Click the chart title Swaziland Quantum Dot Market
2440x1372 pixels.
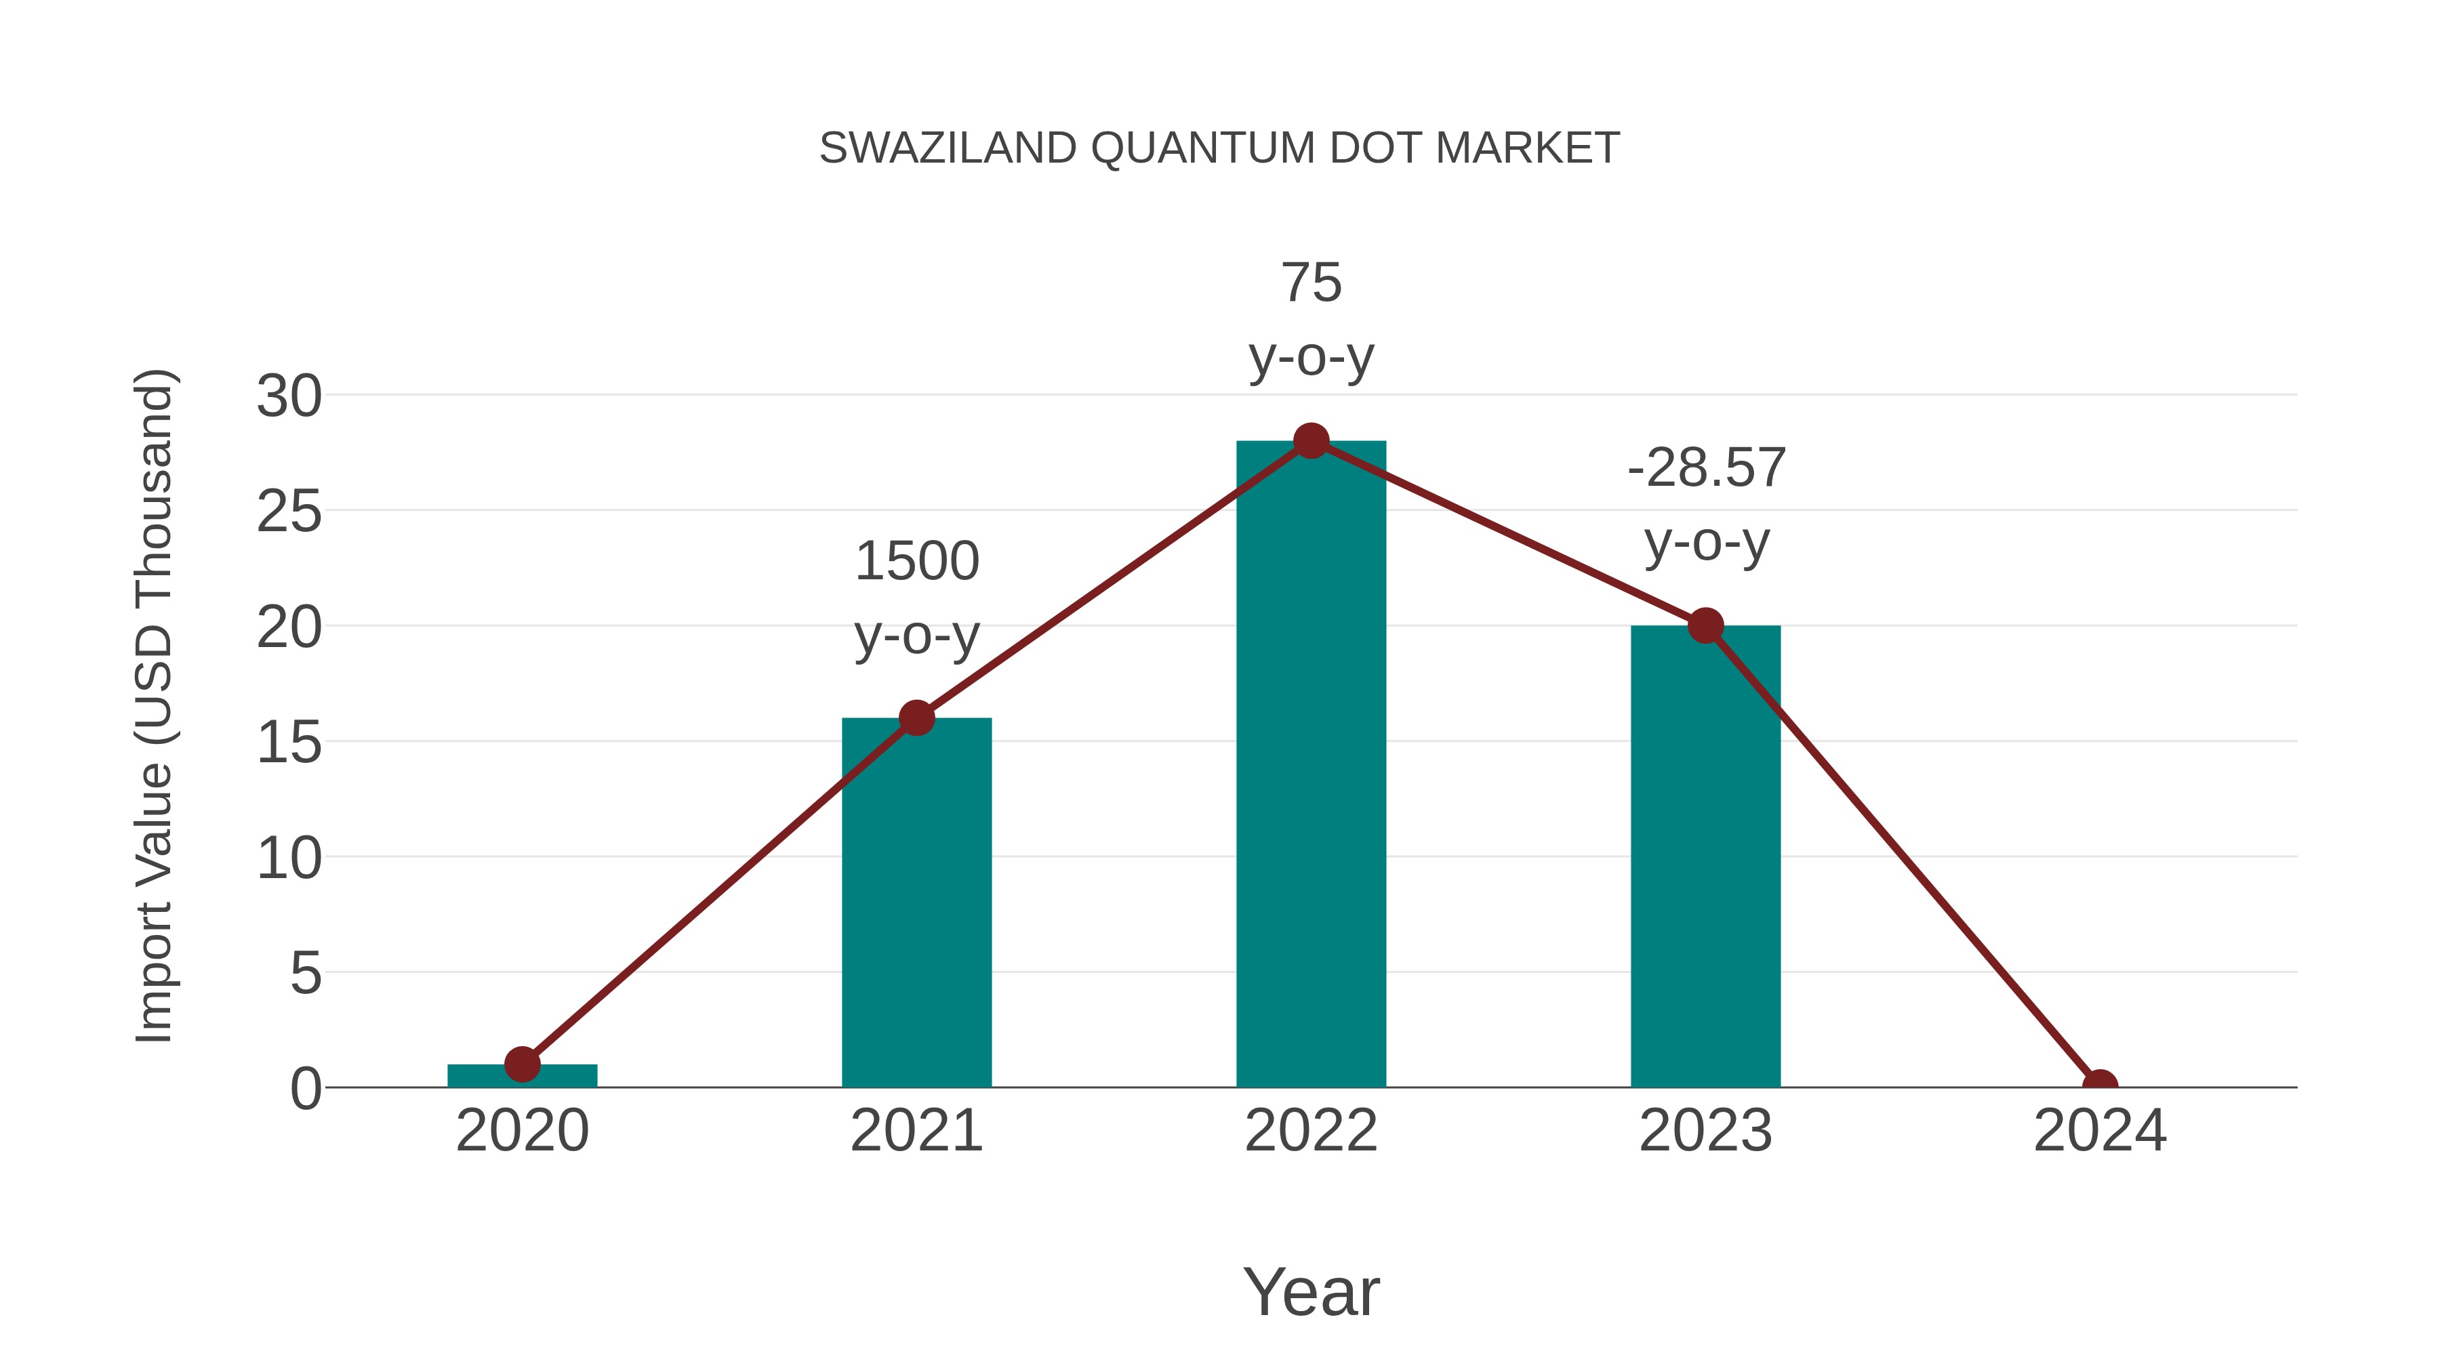pyautogui.click(x=1219, y=148)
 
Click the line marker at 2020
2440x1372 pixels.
pyautogui.click(x=522, y=1064)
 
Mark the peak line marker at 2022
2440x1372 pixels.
pyautogui.click(x=1311, y=440)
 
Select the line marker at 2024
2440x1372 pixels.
pyautogui.click(x=2100, y=1085)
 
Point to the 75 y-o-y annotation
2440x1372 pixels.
pyautogui.click(x=1311, y=319)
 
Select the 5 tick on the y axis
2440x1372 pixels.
pyautogui.click(x=305, y=974)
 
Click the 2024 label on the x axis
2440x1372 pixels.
pyautogui.click(x=2100, y=1131)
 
